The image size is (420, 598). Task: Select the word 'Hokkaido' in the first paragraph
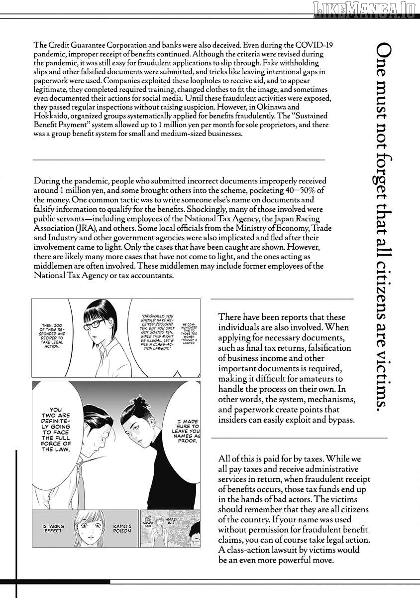(x=53, y=116)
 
